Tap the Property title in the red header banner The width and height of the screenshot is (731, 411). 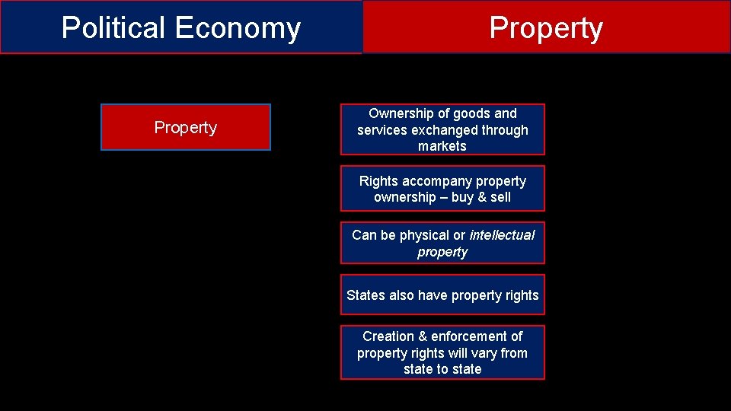pos(546,28)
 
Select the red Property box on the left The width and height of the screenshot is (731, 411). pos(186,127)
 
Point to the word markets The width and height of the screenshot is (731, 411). pos(442,146)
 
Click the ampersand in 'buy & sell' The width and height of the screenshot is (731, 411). pos(480,197)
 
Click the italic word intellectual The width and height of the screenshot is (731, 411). pos(502,235)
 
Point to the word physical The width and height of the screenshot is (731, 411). pos(425,235)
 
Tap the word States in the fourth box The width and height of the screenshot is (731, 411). pos(365,295)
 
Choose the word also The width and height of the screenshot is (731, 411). pos(402,295)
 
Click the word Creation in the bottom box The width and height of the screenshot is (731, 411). pos(388,336)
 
